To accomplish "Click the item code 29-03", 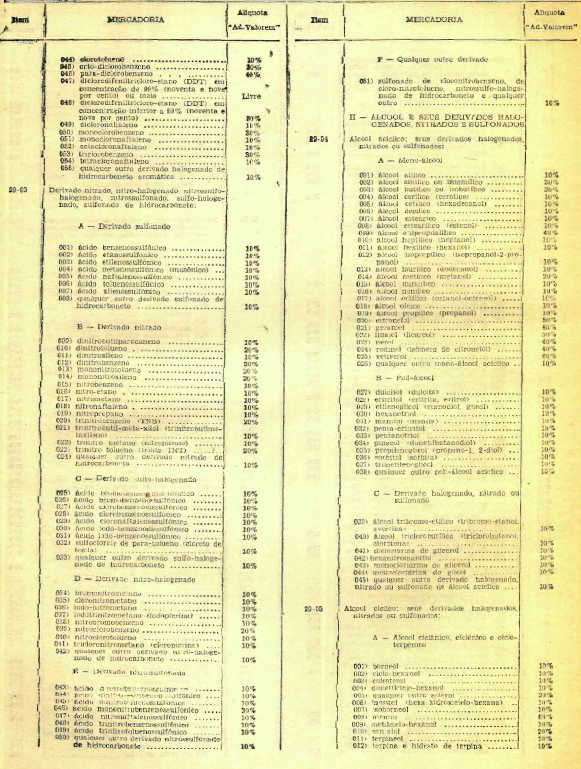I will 18,190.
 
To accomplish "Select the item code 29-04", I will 319,139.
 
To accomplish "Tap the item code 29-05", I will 313,609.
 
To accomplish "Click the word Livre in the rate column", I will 251,96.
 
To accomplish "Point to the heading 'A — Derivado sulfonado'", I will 124,226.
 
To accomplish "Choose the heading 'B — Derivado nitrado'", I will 119,327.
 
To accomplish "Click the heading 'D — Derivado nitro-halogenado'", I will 134,579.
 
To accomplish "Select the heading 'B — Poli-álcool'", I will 398,378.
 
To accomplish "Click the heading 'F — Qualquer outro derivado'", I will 432,59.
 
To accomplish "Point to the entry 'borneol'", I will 385,666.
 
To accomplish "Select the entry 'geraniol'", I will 390,328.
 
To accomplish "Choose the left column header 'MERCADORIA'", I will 135,20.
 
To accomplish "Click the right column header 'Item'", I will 319,20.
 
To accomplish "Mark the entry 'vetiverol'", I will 391,356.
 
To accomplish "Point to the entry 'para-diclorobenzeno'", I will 116,74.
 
